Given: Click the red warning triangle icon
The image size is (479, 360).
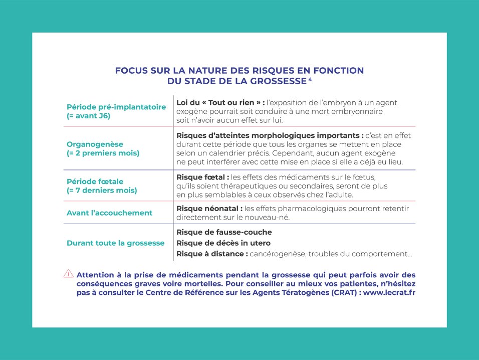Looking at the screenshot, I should tap(69, 274).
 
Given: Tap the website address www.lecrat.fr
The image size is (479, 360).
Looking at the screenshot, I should tap(387, 292).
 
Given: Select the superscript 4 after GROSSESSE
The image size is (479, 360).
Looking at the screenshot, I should tap(310, 79).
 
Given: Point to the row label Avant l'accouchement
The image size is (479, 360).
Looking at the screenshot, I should tap(109, 213).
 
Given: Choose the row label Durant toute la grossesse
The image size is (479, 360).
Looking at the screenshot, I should tap(115, 243).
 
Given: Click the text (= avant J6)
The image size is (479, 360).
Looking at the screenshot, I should tap(88, 116).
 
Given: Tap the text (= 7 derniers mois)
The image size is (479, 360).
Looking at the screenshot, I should tap(102, 190).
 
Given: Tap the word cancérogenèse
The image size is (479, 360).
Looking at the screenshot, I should tap(277, 254).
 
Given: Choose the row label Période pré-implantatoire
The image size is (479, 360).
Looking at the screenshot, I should tap(116, 107).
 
